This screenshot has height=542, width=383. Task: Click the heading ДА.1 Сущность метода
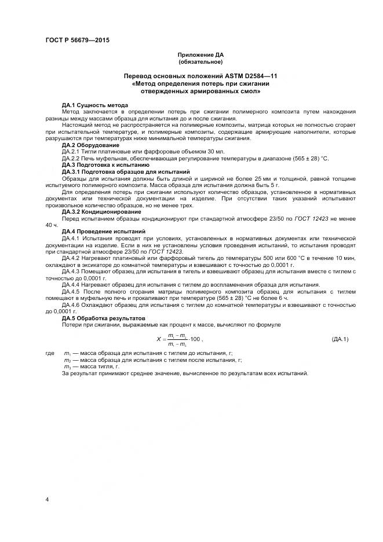point(91,105)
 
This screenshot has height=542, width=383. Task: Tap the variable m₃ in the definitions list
point(67,367)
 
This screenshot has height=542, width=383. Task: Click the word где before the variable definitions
point(49,353)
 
